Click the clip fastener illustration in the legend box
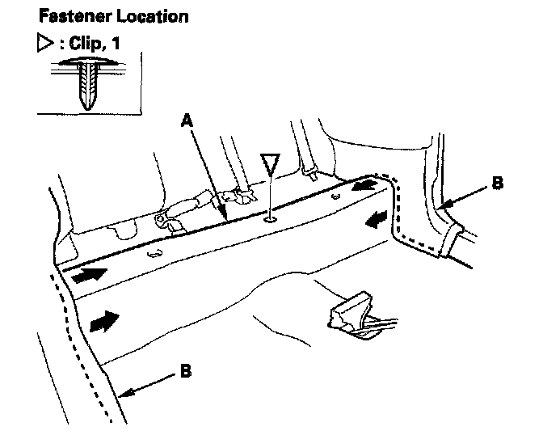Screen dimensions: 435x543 pos(88,82)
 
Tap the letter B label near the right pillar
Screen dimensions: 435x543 pos(498,184)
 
